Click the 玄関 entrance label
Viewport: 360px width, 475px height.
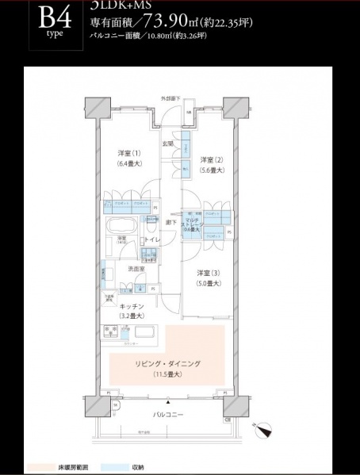[168, 143]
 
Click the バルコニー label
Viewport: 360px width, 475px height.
[167, 415]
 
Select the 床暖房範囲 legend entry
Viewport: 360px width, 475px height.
[60, 468]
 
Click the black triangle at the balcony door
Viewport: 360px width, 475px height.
[168, 403]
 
